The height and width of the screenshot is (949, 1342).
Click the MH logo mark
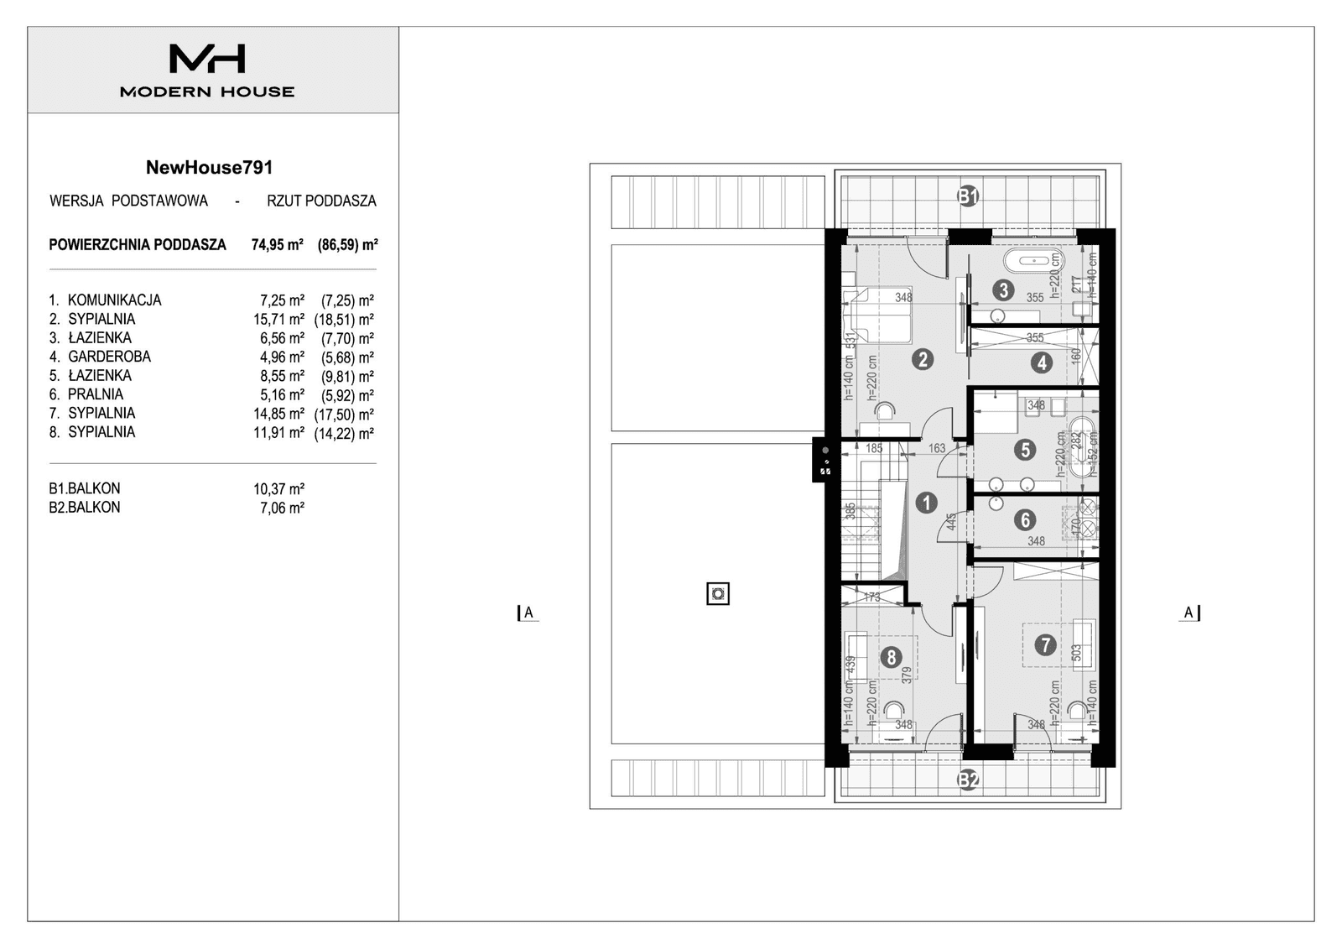click(207, 59)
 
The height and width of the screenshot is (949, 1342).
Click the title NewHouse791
click(209, 167)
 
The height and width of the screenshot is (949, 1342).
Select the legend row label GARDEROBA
click(109, 357)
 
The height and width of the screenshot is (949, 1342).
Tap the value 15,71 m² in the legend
click(278, 320)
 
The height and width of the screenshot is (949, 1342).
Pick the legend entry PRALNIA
click(96, 394)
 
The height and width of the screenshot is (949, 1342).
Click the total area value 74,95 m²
click(277, 245)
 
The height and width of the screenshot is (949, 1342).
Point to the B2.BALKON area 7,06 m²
click(282, 508)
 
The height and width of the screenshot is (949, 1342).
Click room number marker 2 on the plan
click(923, 360)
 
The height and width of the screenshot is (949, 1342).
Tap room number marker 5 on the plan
click(1025, 450)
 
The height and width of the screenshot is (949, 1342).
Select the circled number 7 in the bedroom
click(1044, 645)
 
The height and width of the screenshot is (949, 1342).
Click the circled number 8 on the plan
click(892, 657)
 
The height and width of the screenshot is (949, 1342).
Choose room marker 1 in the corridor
click(926, 503)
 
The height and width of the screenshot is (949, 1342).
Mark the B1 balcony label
click(969, 197)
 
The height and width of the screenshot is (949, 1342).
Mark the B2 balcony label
click(969, 780)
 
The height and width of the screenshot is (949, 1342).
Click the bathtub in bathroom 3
click(1030, 260)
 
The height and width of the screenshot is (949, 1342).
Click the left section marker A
click(528, 613)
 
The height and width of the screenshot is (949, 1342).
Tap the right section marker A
click(1189, 613)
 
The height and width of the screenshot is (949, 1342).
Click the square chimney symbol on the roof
click(718, 594)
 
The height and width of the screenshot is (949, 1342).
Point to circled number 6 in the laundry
click(1025, 520)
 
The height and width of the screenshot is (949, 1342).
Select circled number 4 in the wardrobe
click(1042, 362)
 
